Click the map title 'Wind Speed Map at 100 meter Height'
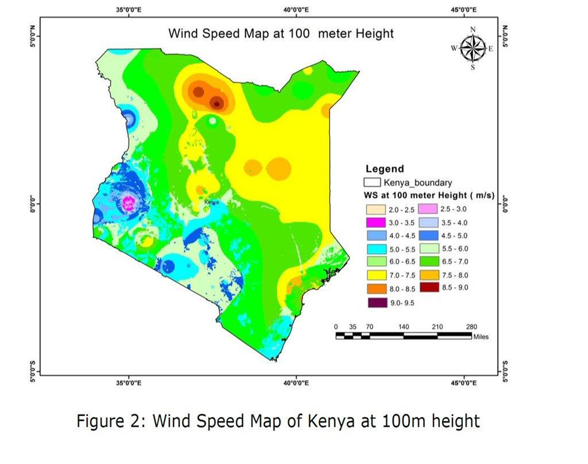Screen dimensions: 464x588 (x=280, y=34)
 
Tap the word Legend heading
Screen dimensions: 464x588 (x=384, y=169)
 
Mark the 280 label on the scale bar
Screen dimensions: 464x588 (x=471, y=326)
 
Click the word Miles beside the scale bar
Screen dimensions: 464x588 (x=480, y=337)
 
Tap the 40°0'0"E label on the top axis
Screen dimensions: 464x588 (x=296, y=9)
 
